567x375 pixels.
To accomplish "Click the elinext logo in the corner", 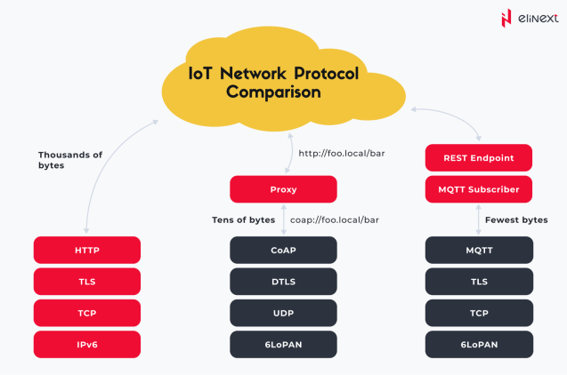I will point(525,18).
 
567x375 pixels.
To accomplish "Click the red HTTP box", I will point(87,251).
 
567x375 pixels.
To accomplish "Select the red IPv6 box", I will point(87,344).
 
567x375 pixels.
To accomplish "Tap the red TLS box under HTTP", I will point(87,282).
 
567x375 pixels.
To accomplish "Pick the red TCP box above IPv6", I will point(87,313).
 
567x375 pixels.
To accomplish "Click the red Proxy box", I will point(283,189).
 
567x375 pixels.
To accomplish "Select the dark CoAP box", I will point(283,251).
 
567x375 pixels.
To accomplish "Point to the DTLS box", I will point(283,282).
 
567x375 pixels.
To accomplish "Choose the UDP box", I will point(283,313).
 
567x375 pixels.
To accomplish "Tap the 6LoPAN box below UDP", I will point(283,344).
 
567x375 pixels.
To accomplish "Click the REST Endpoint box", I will point(479,158).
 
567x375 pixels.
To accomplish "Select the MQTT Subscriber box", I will point(479,189).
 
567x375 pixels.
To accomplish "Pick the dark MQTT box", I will point(479,251).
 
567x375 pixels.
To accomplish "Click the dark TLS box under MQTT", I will point(479,282).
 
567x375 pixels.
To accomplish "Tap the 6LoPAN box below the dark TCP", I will point(479,344).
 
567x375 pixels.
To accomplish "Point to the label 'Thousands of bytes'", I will point(69,160).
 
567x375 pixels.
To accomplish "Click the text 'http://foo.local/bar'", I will point(340,153).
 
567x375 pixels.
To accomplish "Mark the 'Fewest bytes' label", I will point(516,219).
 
